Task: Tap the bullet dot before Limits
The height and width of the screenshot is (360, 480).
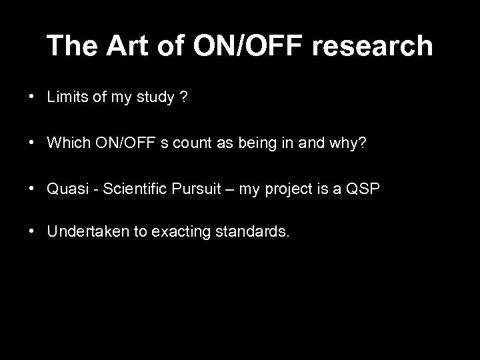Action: click(x=32, y=97)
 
